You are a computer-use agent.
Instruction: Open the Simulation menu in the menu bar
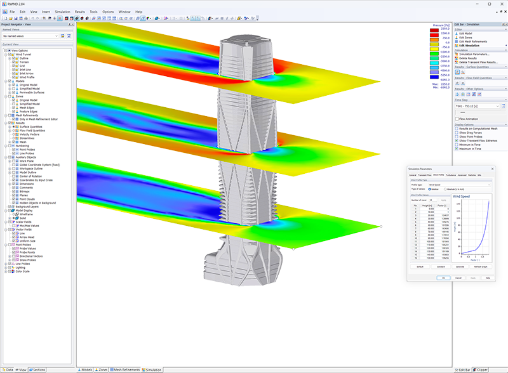click(62, 11)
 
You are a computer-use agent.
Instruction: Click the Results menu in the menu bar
click(79, 11)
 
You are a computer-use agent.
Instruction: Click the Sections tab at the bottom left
click(39, 369)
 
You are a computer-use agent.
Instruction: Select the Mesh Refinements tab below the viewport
click(126, 369)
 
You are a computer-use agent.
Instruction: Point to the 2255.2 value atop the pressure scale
click(445, 29)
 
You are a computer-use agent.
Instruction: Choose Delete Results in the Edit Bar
click(470, 58)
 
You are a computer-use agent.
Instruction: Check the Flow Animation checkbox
click(457, 119)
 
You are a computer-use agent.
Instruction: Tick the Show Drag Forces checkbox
click(457, 132)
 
